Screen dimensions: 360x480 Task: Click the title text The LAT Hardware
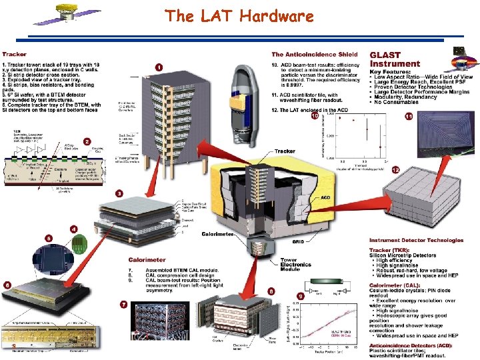[x=239, y=16]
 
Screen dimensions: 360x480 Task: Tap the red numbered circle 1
[x=159, y=67]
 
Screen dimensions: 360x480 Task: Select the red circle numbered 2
[x=87, y=141]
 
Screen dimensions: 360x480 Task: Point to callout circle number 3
[x=119, y=193]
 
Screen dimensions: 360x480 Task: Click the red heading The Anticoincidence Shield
[x=314, y=54]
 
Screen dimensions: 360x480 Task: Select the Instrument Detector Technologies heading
[x=416, y=240]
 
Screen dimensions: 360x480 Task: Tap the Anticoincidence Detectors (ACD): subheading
[x=411, y=345]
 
